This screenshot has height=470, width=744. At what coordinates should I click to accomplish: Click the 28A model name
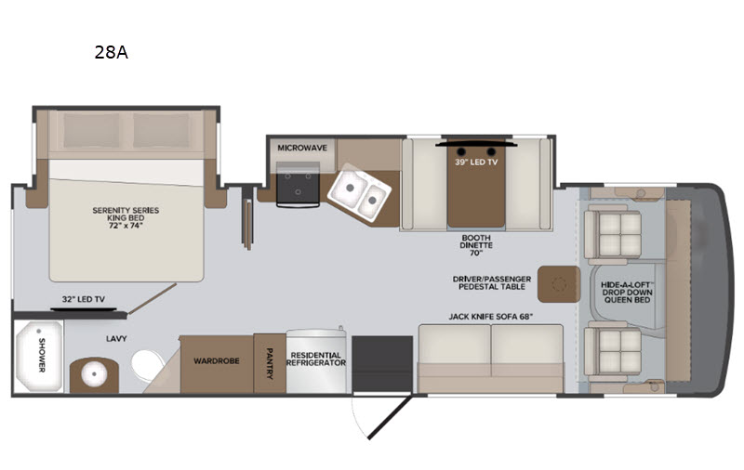pos(111,52)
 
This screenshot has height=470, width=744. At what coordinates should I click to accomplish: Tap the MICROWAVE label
pos(302,148)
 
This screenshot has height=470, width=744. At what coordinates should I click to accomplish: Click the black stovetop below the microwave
pos(298,184)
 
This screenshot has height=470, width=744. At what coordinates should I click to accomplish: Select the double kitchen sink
pos(359,192)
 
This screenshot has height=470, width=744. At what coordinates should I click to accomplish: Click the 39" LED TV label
pos(476,162)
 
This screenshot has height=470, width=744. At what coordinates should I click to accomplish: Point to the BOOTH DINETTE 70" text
pos(476,245)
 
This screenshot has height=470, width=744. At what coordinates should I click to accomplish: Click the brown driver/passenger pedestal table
pos(559,284)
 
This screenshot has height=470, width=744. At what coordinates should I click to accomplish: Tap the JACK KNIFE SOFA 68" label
pos(491,317)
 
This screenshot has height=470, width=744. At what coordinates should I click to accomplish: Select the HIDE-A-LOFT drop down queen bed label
pos(627,293)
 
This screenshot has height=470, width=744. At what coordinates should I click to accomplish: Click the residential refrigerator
pos(316,361)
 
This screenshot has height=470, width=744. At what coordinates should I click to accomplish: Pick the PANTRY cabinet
pos(270,363)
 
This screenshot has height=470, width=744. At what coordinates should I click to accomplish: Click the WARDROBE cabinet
pos(217,364)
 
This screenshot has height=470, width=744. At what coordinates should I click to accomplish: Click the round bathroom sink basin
pos(94,374)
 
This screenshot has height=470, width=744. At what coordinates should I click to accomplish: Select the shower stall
pos(38,357)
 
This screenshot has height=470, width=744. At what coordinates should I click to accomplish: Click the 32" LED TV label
pos(84,299)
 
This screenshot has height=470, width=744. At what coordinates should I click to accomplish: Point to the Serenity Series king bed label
pos(126,218)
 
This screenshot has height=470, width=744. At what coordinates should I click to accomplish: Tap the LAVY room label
pos(116,339)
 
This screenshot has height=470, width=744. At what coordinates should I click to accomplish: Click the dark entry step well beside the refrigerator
pos(382,363)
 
